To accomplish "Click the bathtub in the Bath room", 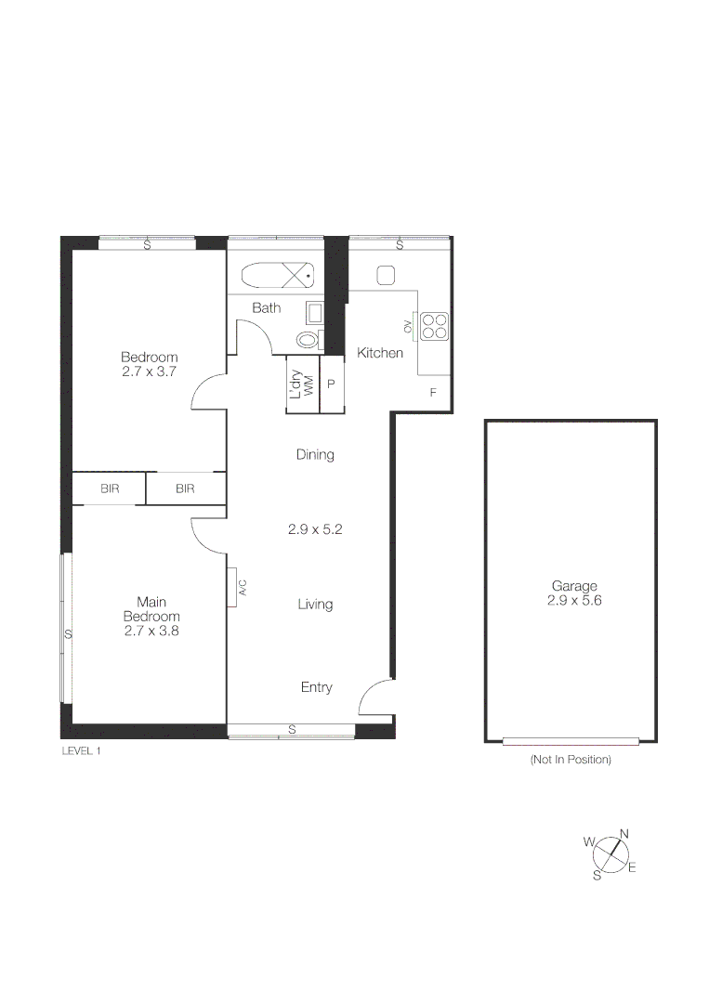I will coord(278,275).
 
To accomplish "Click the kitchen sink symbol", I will coord(387,275).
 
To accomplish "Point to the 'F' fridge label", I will coord(432,393).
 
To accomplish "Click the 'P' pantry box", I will coord(331,384).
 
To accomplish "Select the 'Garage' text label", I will coord(574,586).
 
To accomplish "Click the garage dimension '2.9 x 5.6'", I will coord(574,601).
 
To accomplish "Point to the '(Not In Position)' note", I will coord(571,760).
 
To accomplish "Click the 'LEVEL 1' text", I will coord(80,750).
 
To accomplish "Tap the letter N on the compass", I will coord(624,833).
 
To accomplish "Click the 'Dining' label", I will coord(315,455).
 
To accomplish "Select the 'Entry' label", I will coord(316,687).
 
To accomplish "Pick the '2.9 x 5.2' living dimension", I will coord(315,529).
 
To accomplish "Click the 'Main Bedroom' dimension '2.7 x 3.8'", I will coord(151,631).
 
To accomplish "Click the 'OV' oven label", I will coord(407,326).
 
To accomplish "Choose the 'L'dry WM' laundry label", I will coord(302,384).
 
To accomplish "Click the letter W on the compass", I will coord(588,841).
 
